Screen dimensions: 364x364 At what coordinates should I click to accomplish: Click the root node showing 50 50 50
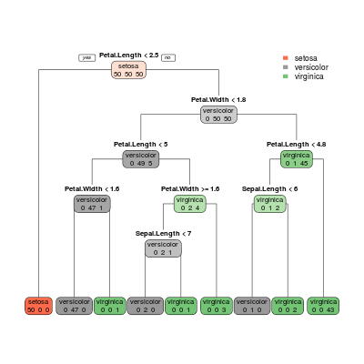coord(128,70)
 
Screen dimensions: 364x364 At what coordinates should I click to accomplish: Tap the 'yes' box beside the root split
coord(87,57)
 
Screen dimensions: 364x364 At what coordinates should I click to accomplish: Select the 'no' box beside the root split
coord(168,57)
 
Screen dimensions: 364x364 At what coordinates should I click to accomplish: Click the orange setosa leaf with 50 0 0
coord(38,306)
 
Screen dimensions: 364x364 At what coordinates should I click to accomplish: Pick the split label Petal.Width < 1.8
coord(218,100)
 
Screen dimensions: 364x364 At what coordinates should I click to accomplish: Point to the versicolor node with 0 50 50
coord(218,115)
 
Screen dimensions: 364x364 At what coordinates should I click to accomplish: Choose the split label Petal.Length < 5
coord(141,145)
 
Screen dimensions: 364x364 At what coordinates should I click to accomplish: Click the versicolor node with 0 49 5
coord(141,159)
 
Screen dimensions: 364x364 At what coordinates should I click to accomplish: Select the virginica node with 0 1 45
coord(297,159)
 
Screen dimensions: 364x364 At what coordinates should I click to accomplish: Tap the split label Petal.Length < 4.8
coord(297,145)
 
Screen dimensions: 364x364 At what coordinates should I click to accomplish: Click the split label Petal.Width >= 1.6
coord(190,189)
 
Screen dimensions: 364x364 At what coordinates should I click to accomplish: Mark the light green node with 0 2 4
coord(190,204)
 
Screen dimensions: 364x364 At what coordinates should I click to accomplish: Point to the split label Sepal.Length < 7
coord(163,234)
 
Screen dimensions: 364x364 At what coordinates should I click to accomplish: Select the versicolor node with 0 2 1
coord(163,248)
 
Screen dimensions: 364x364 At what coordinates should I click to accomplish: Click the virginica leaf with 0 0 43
coord(323,306)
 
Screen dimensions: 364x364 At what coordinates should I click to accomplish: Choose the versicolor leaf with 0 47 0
coord(75,306)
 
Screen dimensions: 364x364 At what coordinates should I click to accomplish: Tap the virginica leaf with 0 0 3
coord(217,306)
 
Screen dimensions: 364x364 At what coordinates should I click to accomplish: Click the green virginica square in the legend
coord(285,76)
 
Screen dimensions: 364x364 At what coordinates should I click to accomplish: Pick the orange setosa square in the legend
coord(285,58)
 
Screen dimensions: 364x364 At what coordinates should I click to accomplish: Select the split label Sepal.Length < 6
coord(269,189)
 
